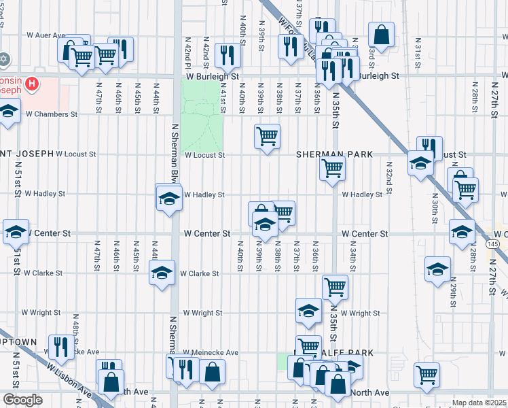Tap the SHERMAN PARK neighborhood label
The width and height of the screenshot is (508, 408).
click(x=334, y=154)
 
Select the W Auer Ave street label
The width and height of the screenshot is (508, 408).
click(x=46, y=35)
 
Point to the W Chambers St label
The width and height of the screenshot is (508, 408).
click(x=52, y=114)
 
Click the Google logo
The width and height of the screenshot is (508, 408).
click(x=22, y=400)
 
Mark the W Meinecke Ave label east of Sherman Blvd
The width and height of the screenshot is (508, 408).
click(x=211, y=353)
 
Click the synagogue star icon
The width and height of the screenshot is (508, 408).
click(x=4, y=59)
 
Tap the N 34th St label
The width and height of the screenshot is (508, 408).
click(x=352, y=258)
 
